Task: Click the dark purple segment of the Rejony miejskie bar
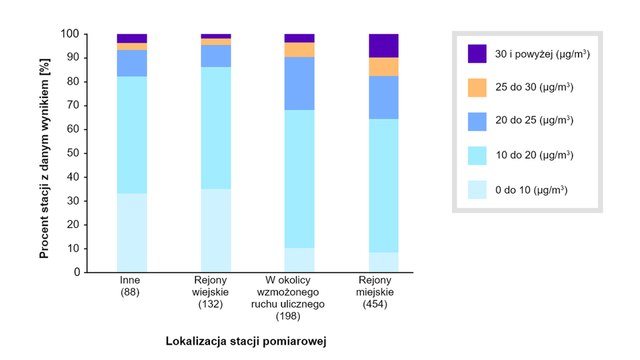[x=383, y=45]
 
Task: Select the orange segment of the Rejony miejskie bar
[x=383, y=67]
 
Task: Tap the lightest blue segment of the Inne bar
[x=132, y=233]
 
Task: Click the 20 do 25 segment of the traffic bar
[x=299, y=83]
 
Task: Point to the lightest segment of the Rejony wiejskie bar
[x=216, y=230]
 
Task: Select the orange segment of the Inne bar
[x=132, y=47]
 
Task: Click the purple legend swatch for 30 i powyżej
[x=477, y=54]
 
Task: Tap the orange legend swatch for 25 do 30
[x=477, y=87]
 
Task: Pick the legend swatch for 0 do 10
[x=477, y=189]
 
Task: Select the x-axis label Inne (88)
[x=130, y=286]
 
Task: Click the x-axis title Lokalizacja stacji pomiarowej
[x=249, y=341]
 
